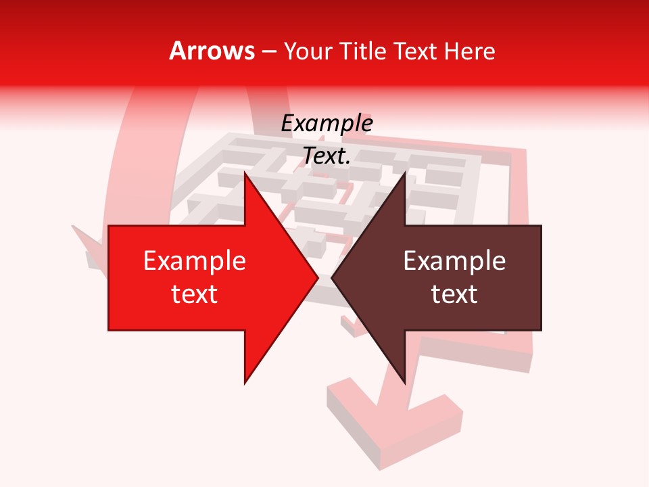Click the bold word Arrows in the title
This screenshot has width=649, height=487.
coord(212,51)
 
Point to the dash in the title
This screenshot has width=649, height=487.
coord(269,52)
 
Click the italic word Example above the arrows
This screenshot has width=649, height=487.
coord(327,123)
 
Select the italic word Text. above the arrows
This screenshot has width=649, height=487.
coord(327,156)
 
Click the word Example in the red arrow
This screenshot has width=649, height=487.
coord(195,260)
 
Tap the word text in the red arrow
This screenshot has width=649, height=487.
coord(195,294)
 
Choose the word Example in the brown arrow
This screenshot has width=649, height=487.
coord(454,260)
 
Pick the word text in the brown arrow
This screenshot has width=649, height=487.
coord(454,294)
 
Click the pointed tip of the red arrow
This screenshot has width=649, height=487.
coord(318,278)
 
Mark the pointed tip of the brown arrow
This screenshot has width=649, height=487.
coord(331,278)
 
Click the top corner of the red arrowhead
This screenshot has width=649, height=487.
coord(245,172)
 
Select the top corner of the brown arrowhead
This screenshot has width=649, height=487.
coord(405,172)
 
